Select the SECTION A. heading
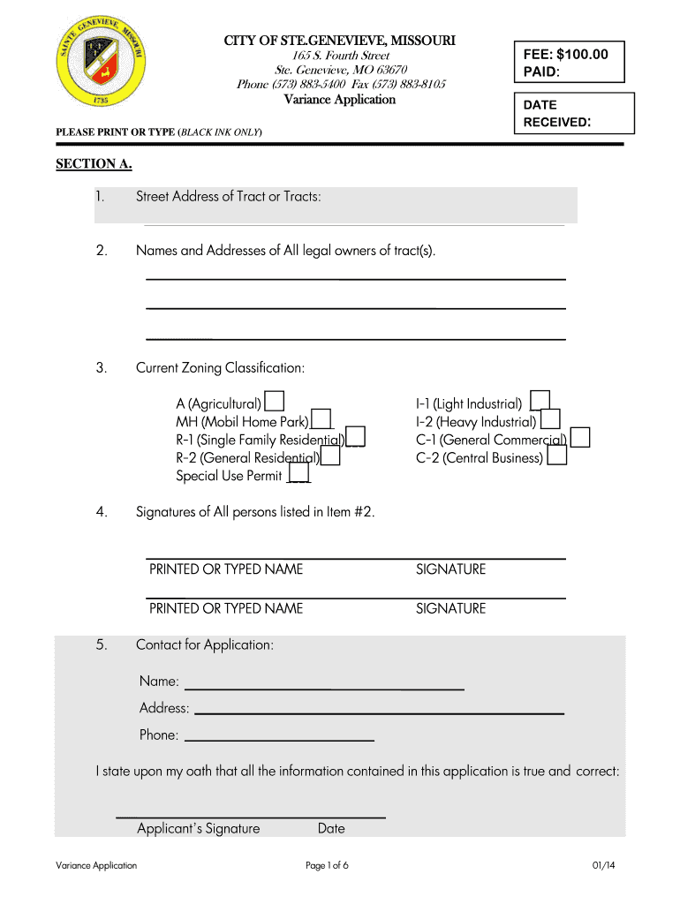pos(88,163)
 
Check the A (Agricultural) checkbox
pos(275,402)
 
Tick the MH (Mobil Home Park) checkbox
pos(321,419)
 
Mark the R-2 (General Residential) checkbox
pos(330,456)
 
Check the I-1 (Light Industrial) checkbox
pos(540,402)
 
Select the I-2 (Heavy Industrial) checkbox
pos(550,420)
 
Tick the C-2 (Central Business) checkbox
pos(557,456)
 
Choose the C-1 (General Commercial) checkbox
pos(580,438)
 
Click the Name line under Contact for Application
pos(323,682)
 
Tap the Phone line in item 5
pos(278,734)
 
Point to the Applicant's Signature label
pos(199,828)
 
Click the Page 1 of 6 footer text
pos(327,865)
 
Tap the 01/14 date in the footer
pos(604,865)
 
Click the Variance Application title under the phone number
pos(340,100)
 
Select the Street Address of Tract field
pos(353,206)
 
